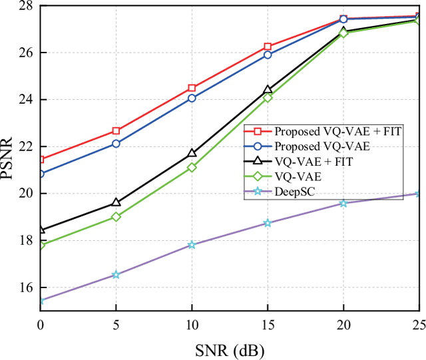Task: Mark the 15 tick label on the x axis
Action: (268, 324)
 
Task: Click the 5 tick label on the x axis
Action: (116, 324)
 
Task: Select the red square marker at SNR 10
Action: (192, 88)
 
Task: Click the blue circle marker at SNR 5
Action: (116, 143)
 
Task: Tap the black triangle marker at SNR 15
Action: (268, 90)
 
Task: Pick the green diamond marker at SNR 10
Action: (192, 168)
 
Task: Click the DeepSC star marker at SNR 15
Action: (268, 223)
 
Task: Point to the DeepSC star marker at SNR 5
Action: (116, 274)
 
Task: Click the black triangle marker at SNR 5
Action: (116, 202)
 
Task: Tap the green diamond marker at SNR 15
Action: (268, 97)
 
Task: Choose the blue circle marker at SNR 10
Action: (192, 98)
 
